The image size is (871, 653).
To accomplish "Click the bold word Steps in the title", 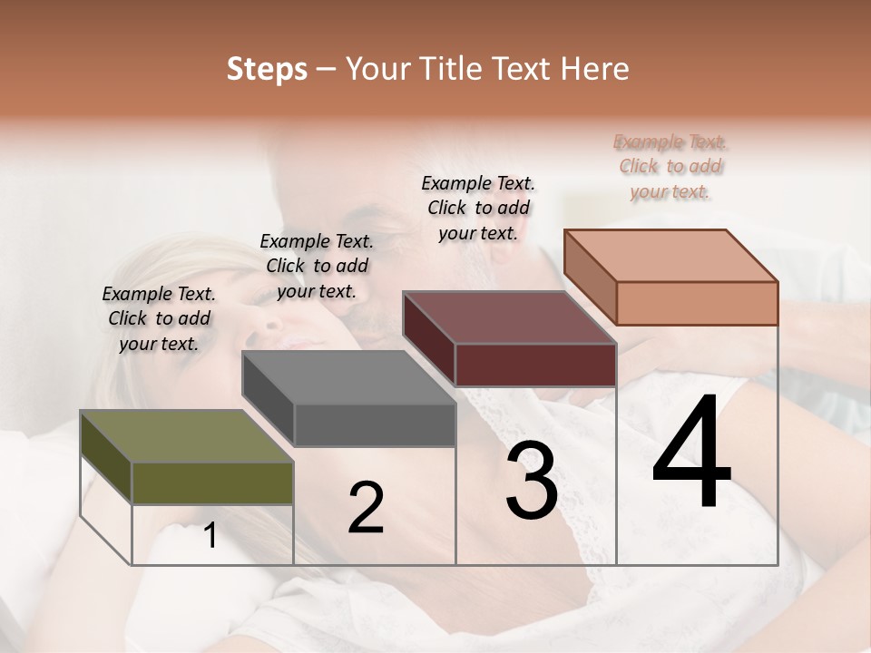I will [x=267, y=69].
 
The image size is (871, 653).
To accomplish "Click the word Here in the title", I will [x=593, y=69].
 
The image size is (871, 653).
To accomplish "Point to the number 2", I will [x=366, y=508].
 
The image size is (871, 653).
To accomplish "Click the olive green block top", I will [x=172, y=435].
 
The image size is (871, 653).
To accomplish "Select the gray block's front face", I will [x=375, y=424].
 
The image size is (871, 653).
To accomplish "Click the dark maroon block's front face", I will [x=535, y=365].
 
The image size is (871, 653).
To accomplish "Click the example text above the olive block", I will [x=159, y=318].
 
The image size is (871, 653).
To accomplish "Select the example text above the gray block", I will [x=317, y=266].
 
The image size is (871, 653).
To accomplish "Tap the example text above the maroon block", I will [x=478, y=208].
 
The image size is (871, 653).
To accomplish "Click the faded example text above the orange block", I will [x=670, y=166].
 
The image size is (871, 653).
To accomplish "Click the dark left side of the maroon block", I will [x=428, y=339].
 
